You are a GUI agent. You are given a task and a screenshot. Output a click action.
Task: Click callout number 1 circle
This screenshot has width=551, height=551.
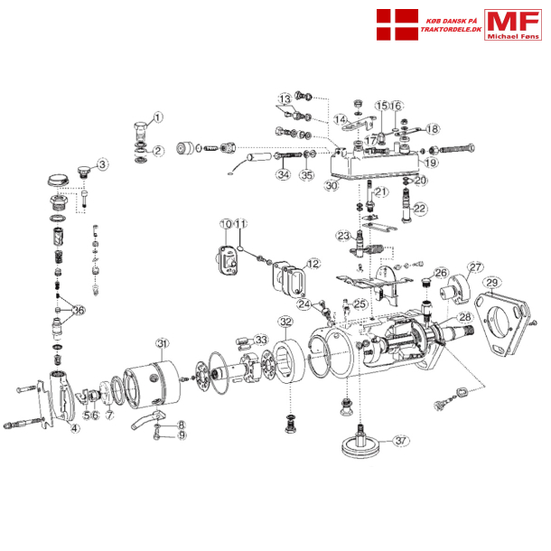click(x=157, y=117)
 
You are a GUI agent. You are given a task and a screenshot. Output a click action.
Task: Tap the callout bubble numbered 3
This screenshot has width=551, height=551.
click(x=102, y=164)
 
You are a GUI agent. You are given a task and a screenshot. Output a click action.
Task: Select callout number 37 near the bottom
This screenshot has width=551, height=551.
click(x=401, y=441)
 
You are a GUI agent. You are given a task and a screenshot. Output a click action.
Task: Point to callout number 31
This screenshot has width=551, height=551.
click(x=163, y=343)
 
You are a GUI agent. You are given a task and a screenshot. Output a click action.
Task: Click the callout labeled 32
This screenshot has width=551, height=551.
click(x=285, y=322)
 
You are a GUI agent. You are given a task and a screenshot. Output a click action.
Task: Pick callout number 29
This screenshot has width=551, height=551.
click(x=492, y=283)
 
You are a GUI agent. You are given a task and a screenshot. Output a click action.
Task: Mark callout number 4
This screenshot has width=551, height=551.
click(x=75, y=428)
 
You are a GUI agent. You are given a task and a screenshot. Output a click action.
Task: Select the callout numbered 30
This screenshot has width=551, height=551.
click(x=332, y=186)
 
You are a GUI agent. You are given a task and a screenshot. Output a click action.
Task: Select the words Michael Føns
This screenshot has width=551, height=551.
click(x=513, y=35)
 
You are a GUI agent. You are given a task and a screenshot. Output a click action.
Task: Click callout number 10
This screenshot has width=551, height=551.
click(x=226, y=223)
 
